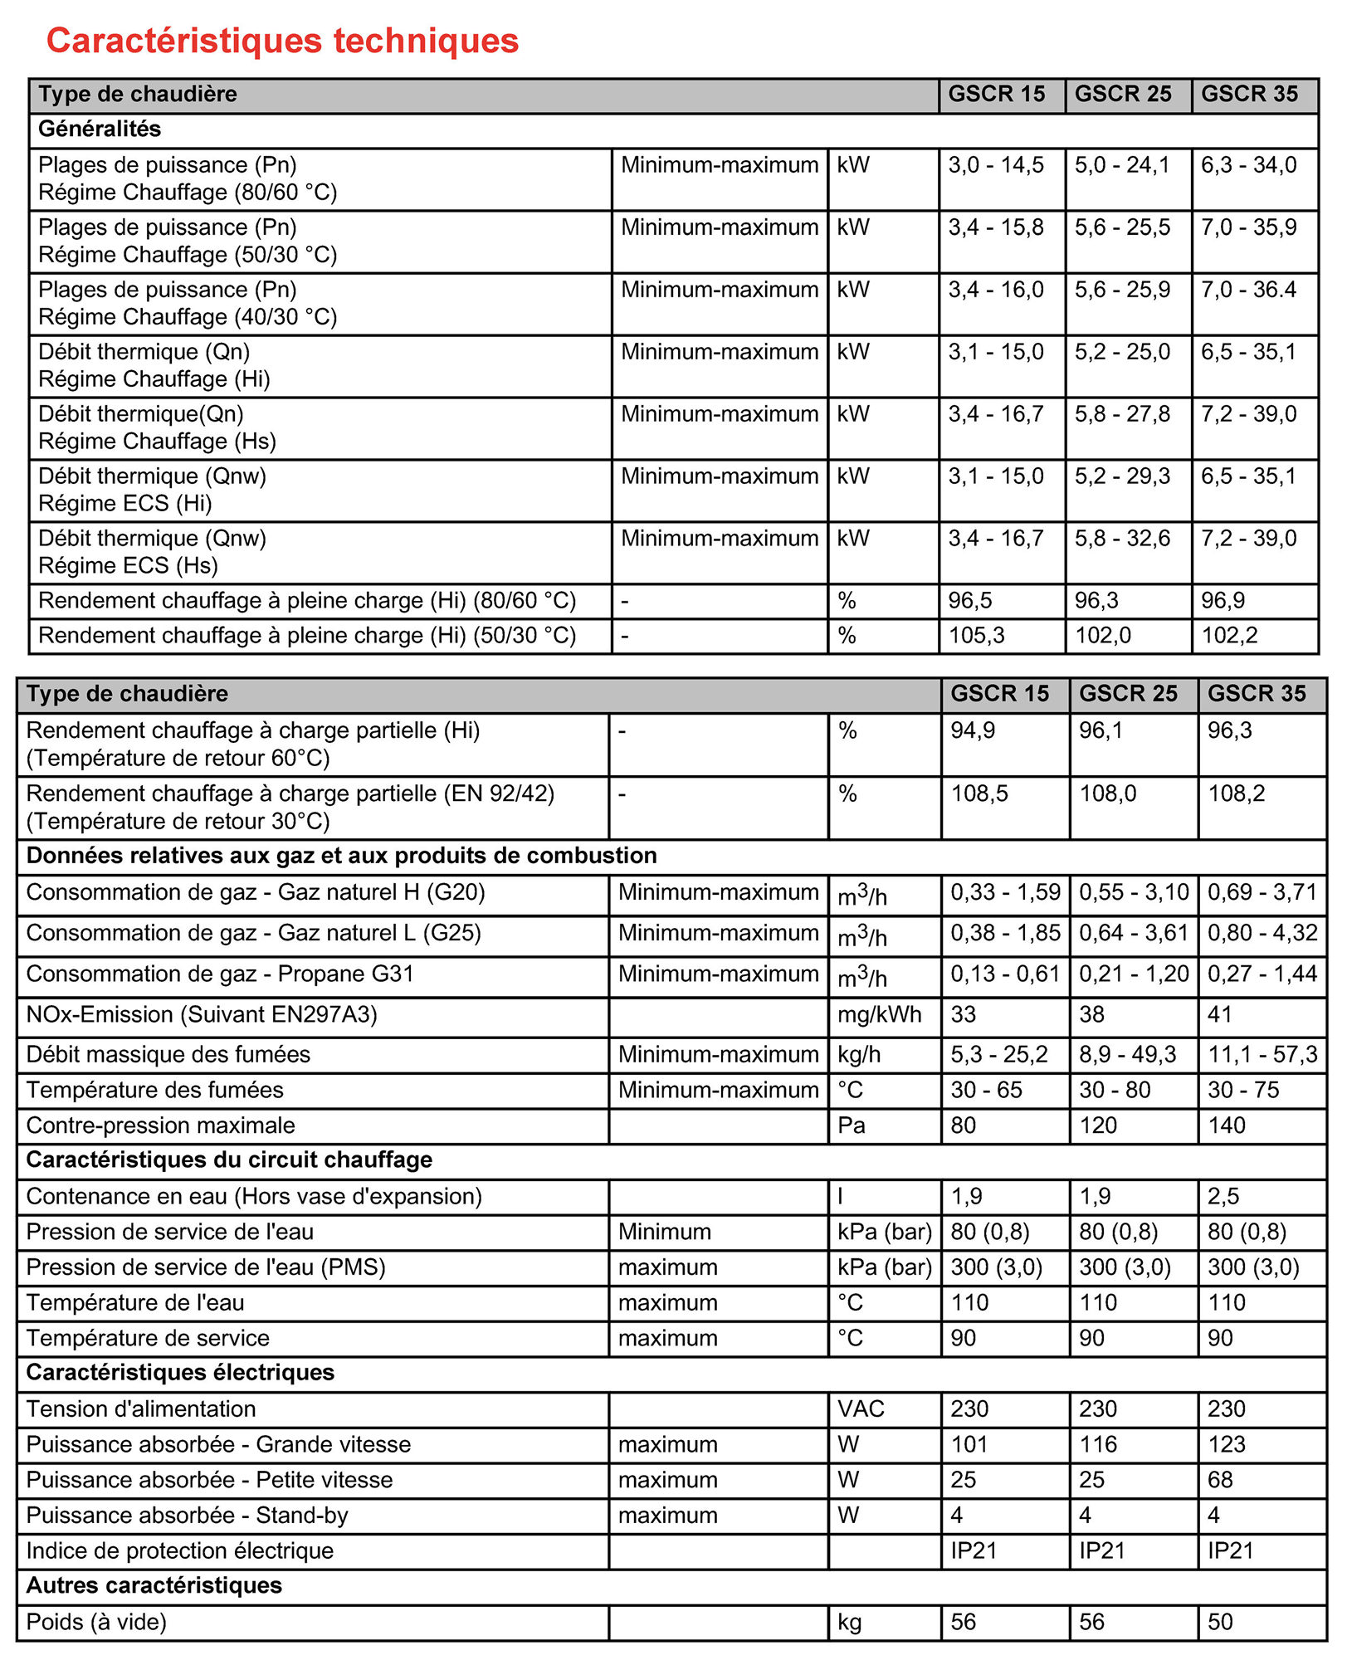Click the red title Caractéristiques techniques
coord(282,41)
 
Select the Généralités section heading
coord(100,129)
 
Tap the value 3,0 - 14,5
coord(996,165)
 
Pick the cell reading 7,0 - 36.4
coord(1248,290)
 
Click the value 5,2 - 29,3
coord(1122,476)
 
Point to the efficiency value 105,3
coord(976,636)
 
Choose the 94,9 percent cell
coord(973,730)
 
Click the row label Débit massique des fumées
coord(168,1054)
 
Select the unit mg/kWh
coord(879,1014)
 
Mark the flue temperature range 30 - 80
coord(1115,1090)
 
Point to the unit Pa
coord(852,1125)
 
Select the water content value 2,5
coord(1223,1196)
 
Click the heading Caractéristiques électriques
coord(180,1373)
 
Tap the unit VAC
coord(861,1409)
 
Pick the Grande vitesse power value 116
coord(1098,1444)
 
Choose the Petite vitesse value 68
coord(1220,1480)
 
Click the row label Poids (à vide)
coord(96,1622)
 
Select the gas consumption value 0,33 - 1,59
coord(1005,892)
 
